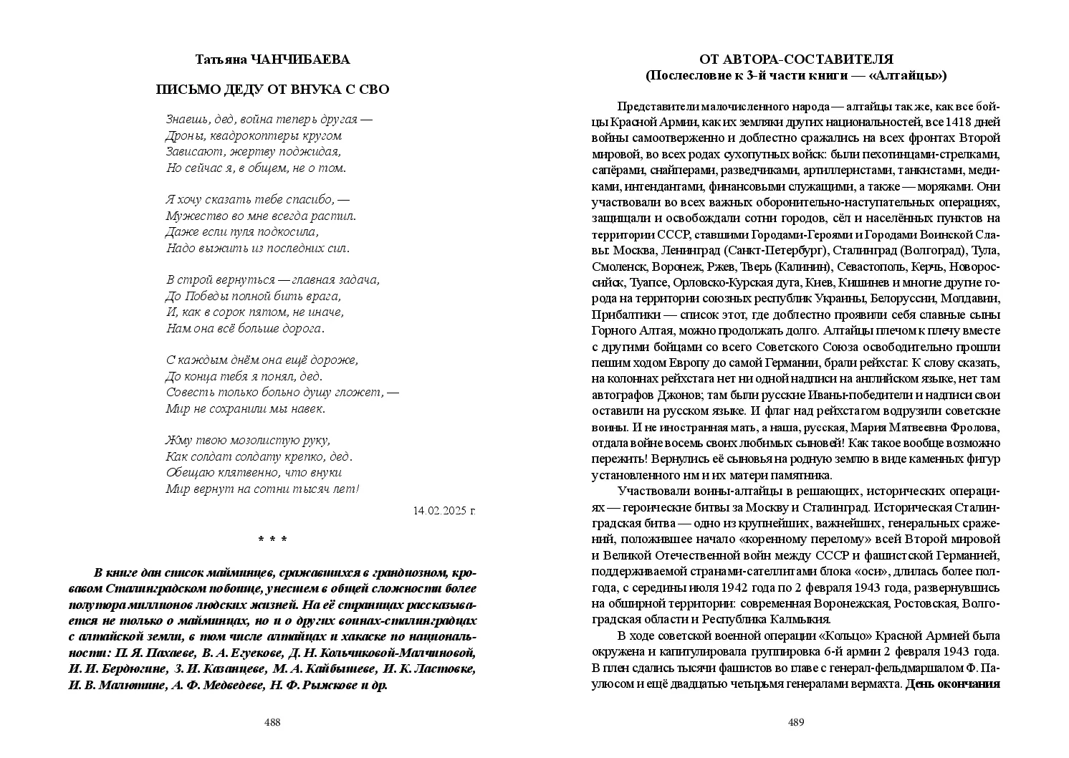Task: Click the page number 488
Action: (x=272, y=722)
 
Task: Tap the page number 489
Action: (x=796, y=722)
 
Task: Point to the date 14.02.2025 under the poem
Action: (x=439, y=511)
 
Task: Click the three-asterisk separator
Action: (x=272, y=541)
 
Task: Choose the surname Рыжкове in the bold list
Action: (x=328, y=685)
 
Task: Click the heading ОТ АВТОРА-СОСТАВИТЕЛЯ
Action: (x=796, y=59)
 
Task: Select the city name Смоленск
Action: (x=620, y=267)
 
